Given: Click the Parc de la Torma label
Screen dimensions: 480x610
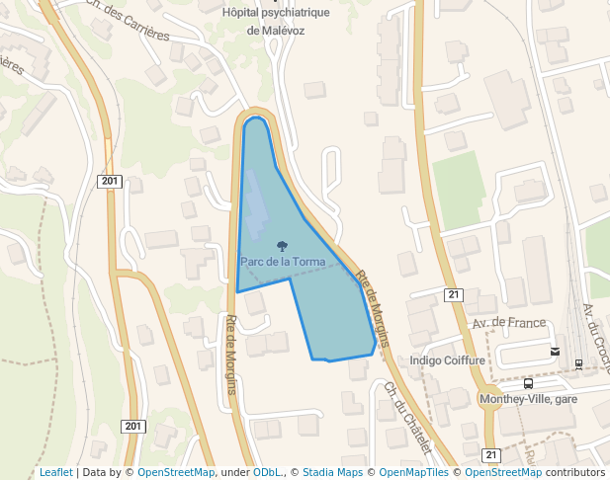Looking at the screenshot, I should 282,262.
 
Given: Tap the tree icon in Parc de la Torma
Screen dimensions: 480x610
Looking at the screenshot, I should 283,246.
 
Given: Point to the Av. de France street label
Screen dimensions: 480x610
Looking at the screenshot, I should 509,323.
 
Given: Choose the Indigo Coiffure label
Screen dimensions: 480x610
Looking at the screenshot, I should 447,360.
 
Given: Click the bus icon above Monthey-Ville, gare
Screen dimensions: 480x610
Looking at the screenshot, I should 528,383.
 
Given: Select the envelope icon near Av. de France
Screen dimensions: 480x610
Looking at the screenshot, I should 555,351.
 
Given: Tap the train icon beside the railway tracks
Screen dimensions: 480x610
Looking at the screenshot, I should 578,363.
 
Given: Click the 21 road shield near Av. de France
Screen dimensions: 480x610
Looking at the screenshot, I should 454,294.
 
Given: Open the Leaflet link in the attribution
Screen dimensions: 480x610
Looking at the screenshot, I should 55,472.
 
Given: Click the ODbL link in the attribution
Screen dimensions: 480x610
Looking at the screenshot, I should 266,472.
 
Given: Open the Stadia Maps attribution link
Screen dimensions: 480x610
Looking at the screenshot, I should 332,472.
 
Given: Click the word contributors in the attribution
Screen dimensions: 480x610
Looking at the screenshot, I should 575,472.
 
